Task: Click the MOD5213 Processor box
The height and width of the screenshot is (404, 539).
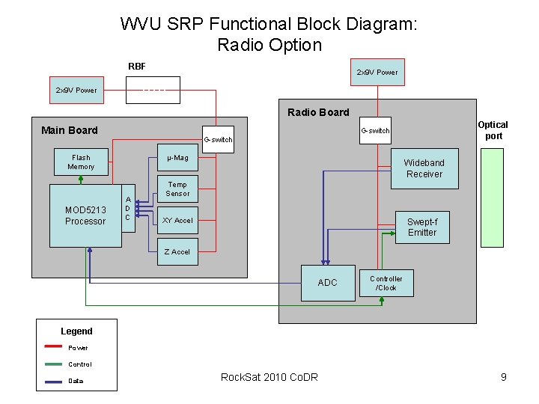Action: tap(85, 215)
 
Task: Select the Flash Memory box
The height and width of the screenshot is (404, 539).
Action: tap(81, 162)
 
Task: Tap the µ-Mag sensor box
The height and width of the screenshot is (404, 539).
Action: tap(177, 158)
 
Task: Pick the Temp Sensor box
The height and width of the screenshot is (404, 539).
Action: tap(177, 189)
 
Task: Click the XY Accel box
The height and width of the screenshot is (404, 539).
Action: tap(177, 221)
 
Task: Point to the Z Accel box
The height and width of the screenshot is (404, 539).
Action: tap(177, 252)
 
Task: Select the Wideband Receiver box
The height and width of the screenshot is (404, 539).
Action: tap(424, 168)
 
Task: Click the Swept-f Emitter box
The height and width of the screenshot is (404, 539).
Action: tap(422, 227)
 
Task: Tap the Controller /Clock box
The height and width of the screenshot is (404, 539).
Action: tap(386, 283)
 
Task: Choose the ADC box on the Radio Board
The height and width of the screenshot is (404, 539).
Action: tap(327, 283)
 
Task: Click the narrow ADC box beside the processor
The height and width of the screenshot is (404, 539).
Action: tap(128, 209)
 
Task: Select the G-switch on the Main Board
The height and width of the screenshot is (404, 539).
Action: tap(218, 140)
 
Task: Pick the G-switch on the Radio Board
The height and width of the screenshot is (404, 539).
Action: tap(375, 131)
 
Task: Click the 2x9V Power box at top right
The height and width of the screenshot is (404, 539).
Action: tap(377, 73)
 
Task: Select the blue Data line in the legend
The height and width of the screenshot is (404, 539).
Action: tap(52, 381)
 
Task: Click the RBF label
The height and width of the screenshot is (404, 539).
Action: tap(137, 67)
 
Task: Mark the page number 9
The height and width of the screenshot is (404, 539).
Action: tap(503, 377)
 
